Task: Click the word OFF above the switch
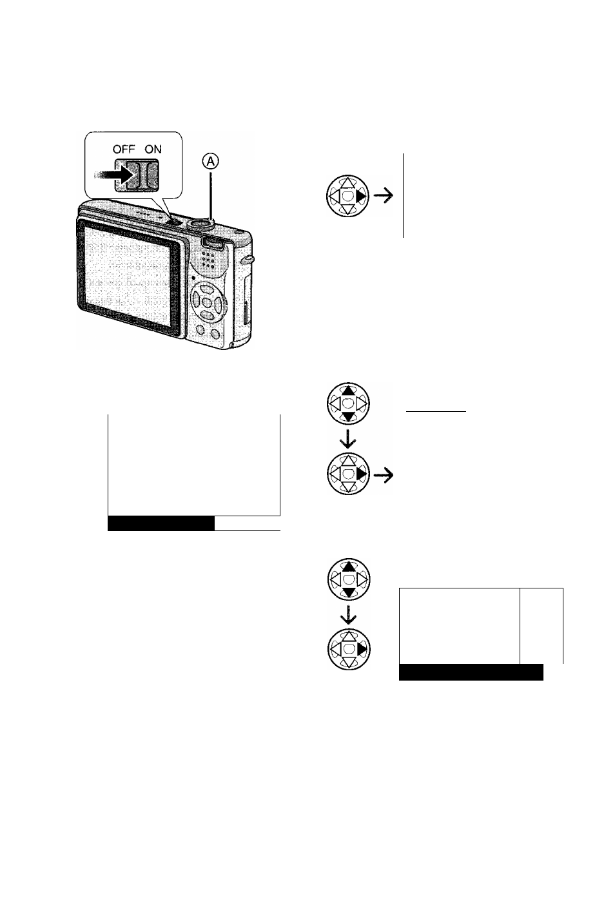point(123,149)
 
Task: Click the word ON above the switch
point(153,149)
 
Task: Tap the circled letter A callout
point(211,162)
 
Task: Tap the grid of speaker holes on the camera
point(209,260)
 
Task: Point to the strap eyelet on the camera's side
point(248,260)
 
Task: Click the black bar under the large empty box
point(161,523)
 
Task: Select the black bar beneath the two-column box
point(471,672)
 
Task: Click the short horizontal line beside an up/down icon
point(436,411)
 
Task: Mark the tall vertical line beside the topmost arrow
point(403,195)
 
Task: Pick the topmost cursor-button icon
point(347,196)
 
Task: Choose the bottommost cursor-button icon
point(349,649)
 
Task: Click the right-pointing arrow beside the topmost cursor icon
point(384,197)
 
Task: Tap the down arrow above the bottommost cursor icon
point(348,614)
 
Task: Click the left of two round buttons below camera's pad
point(200,329)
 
